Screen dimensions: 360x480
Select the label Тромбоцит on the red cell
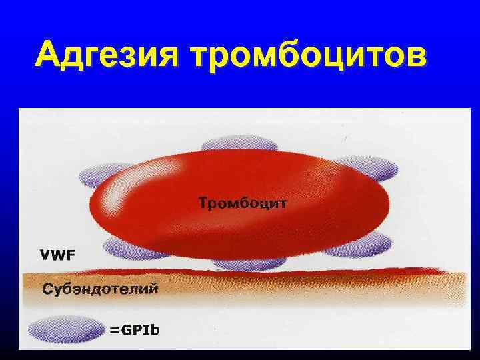coord(243,202)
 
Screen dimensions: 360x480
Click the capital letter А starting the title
coord(50,55)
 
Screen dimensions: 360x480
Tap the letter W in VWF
coord(58,255)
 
